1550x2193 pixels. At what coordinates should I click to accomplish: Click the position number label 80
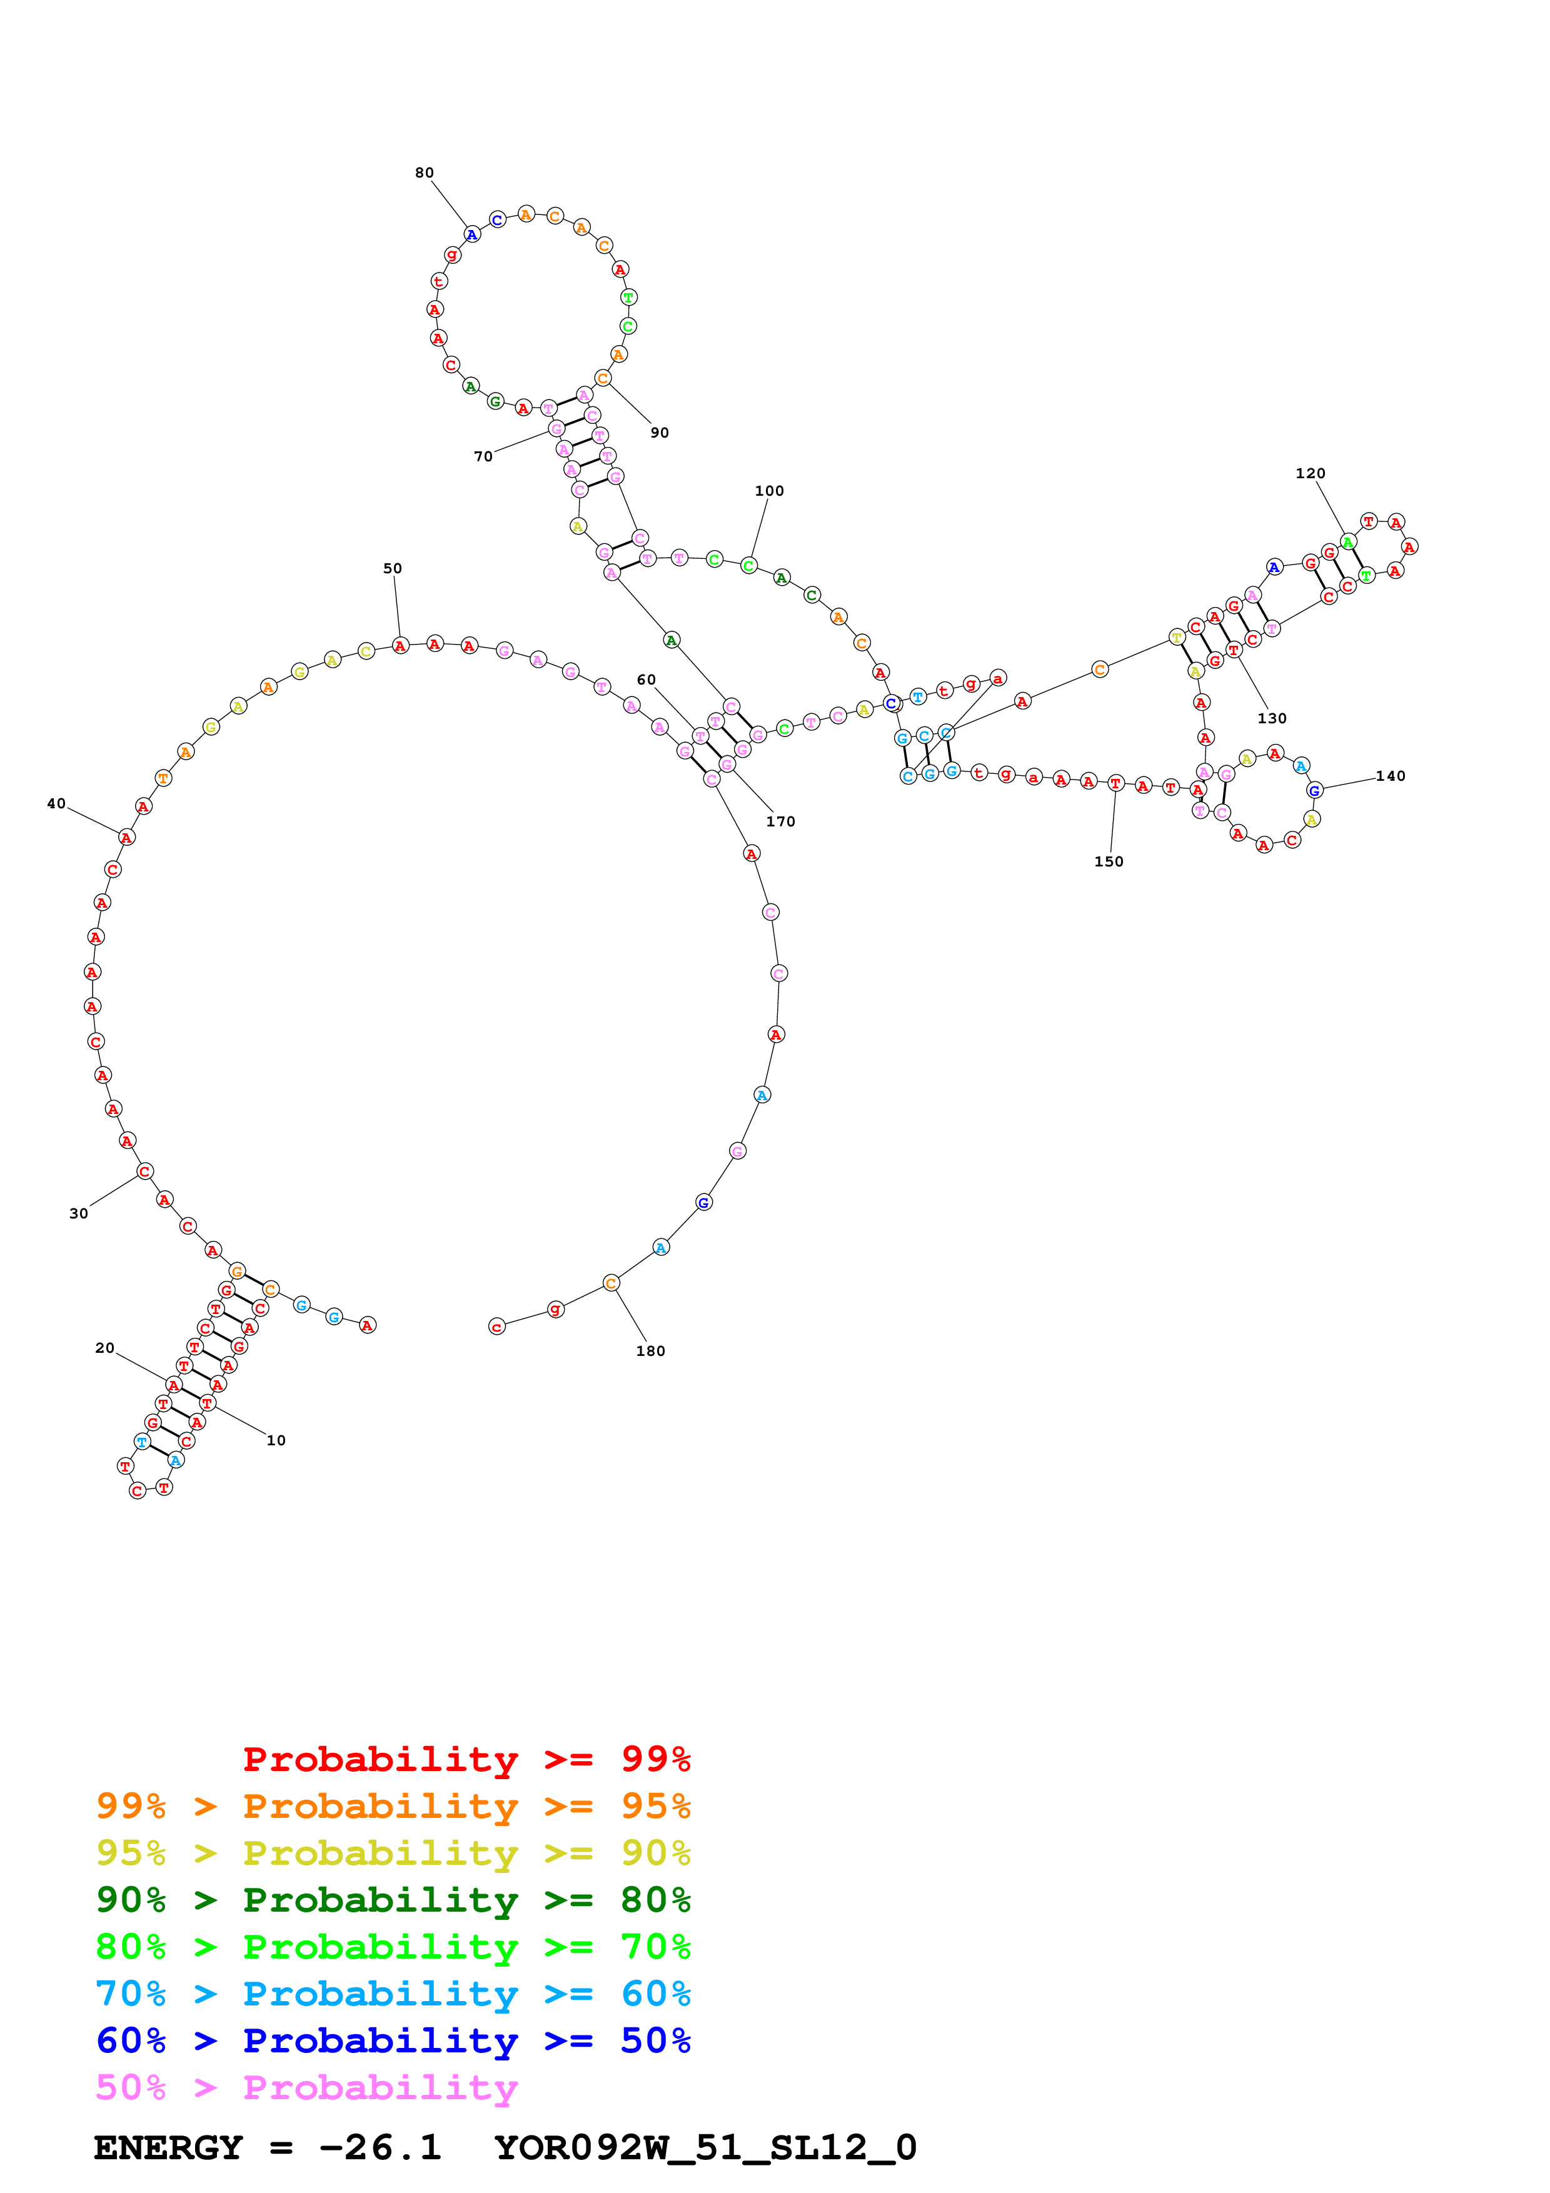coord(424,173)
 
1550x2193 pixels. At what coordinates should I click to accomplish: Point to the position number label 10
coord(275,1440)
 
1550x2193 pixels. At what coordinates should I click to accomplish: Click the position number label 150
coord(1108,861)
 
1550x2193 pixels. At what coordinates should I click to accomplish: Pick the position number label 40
coord(56,804)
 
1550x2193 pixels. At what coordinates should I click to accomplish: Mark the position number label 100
coord(769,491)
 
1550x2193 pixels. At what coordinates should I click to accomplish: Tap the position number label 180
coord(650,1350)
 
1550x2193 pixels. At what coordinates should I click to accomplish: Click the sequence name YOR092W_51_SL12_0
coord(705,2148)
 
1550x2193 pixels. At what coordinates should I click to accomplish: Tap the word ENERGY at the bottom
coord(168,2148)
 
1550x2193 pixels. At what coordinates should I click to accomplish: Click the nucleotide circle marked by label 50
coord(400,646)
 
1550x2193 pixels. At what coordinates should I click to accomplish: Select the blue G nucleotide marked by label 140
coord(1314,790)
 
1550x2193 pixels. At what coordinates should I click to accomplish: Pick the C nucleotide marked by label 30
coord(144,1171)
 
